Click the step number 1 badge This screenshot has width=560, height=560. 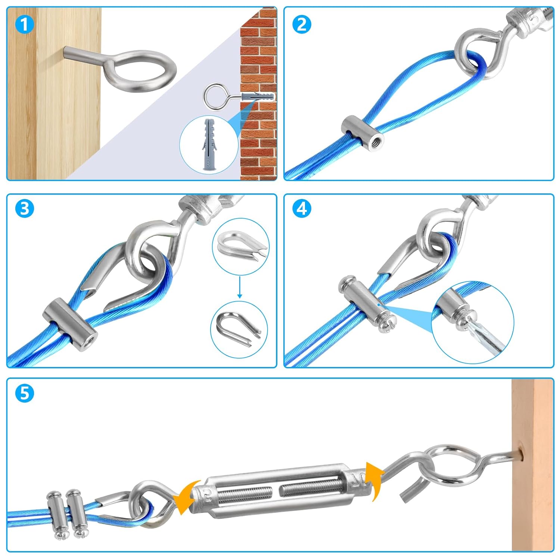click(x=25, y=25)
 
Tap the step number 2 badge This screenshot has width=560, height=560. click(x=302, y=25)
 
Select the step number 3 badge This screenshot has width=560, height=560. click(x=25, y=209)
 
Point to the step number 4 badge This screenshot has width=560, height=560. click(x=302, y=209)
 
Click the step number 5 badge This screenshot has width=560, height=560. click(x=25, y=393)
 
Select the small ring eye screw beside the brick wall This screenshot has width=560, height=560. click(x=214, y=95)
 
